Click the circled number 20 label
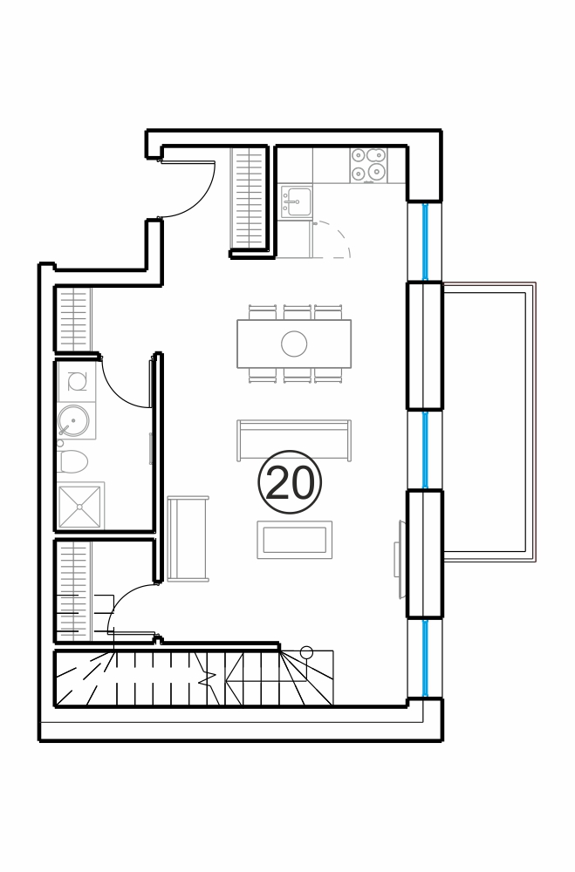[x=290, y=482]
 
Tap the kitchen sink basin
[x=297, y=201]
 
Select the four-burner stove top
[x=368, y=165]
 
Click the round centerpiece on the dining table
[x=294, y=344]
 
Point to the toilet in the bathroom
[x=72, y=462]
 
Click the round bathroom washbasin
[x=73, y=420]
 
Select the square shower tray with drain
[x=80, y=507]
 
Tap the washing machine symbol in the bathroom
[x=76, y=381]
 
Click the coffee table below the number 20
[x=294, y=540]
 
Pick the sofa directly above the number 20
[x=294, y=439]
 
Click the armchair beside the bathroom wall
[x=188, y=538]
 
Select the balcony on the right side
[x=489, y=423]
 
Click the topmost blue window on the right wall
[x=426, y=242]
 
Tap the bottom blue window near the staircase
[x=426, y=657]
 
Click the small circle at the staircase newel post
[x=306, y=651]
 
